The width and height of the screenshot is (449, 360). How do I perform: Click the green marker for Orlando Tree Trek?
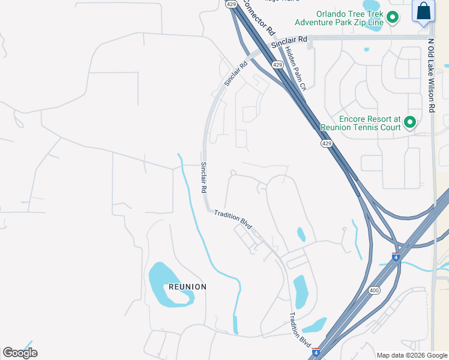coord(393,17)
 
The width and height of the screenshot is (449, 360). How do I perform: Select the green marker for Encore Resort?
coord(410,122)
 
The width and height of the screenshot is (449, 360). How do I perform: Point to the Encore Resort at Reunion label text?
coord(361,123)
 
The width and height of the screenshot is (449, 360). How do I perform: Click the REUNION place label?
coord(187,287)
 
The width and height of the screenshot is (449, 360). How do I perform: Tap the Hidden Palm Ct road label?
coord(295,68)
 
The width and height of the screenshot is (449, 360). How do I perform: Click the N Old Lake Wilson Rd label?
coord(431,75)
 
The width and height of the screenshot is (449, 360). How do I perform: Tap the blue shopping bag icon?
coord(423,11)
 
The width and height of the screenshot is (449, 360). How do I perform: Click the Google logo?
coord(20,353)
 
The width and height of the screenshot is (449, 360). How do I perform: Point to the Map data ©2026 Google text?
coord(412,355)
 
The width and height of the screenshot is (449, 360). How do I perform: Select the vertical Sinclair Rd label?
coord(203,177)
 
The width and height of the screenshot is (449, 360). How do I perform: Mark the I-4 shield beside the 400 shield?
coord(396,257)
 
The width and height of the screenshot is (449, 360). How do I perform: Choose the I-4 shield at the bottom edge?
coord(316,353)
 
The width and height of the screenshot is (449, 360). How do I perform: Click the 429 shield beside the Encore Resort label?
coord(326,143)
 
